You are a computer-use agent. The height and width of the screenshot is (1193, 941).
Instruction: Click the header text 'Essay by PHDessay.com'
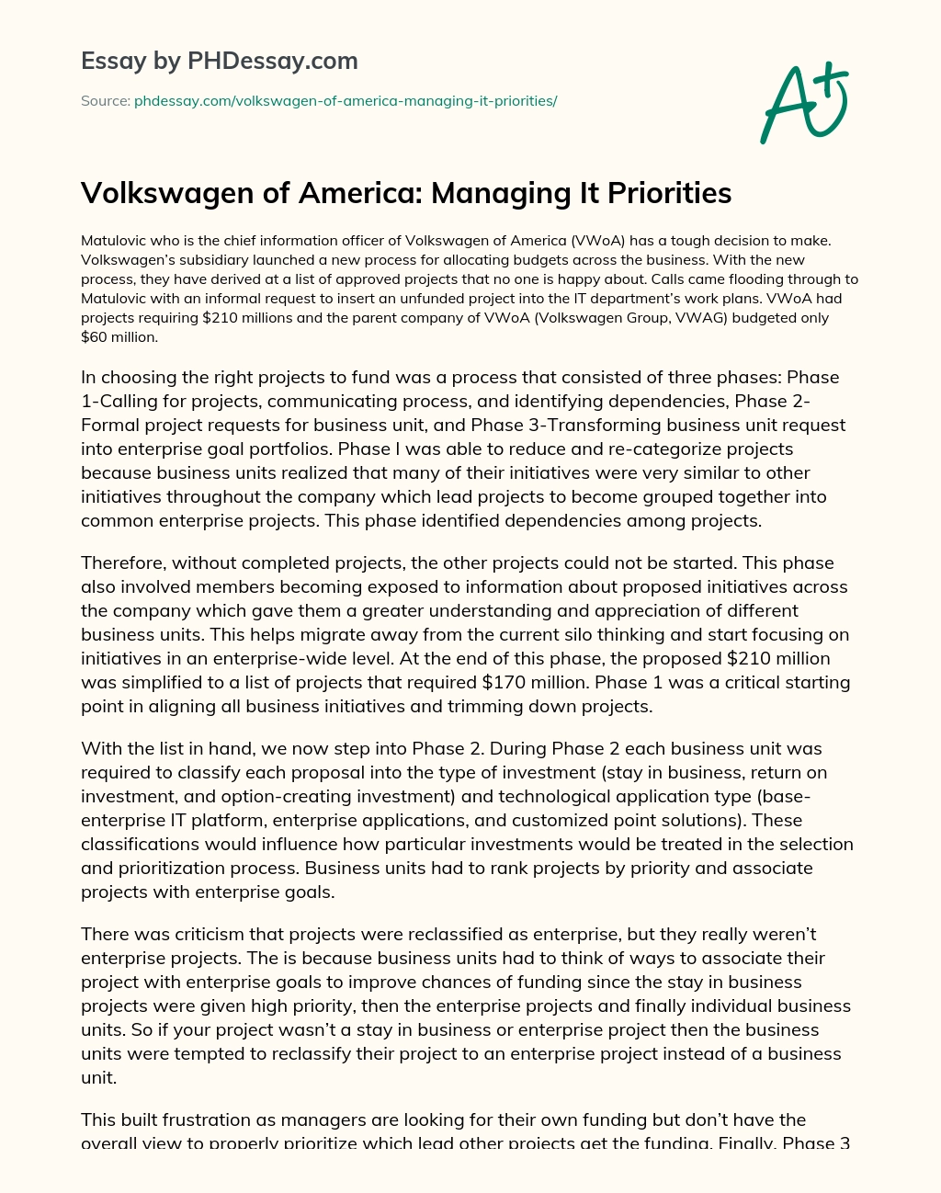click(219, 61)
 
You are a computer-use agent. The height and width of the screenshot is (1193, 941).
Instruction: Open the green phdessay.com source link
click(346, 100)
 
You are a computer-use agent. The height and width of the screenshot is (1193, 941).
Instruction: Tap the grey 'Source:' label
click(105, 100)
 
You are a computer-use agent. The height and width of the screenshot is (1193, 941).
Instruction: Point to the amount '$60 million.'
click(119, 336)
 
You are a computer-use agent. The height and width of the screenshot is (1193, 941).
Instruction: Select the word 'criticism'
click(206, 934)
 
